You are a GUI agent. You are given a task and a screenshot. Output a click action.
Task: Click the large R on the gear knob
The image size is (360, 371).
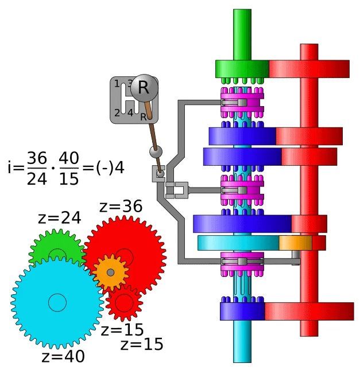[x=143, y=88]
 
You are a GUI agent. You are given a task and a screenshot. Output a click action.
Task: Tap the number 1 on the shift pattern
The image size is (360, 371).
[x=117, y=84]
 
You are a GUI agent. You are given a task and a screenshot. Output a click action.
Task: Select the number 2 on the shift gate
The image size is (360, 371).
[x=117, y=113]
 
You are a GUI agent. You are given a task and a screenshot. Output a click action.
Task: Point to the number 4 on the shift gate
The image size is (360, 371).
[x=130, y=113]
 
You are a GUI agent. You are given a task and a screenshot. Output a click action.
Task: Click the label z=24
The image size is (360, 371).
[x=60, y=218]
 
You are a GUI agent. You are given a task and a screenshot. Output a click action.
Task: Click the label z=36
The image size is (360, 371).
[x=121, y=206]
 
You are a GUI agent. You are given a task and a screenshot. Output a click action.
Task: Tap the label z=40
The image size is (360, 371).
[x=63, y=357]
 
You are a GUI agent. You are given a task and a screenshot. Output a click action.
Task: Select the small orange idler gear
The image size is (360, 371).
[x=110, y=272]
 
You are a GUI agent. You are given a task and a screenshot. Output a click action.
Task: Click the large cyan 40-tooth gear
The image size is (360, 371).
[x=57, y=302]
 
